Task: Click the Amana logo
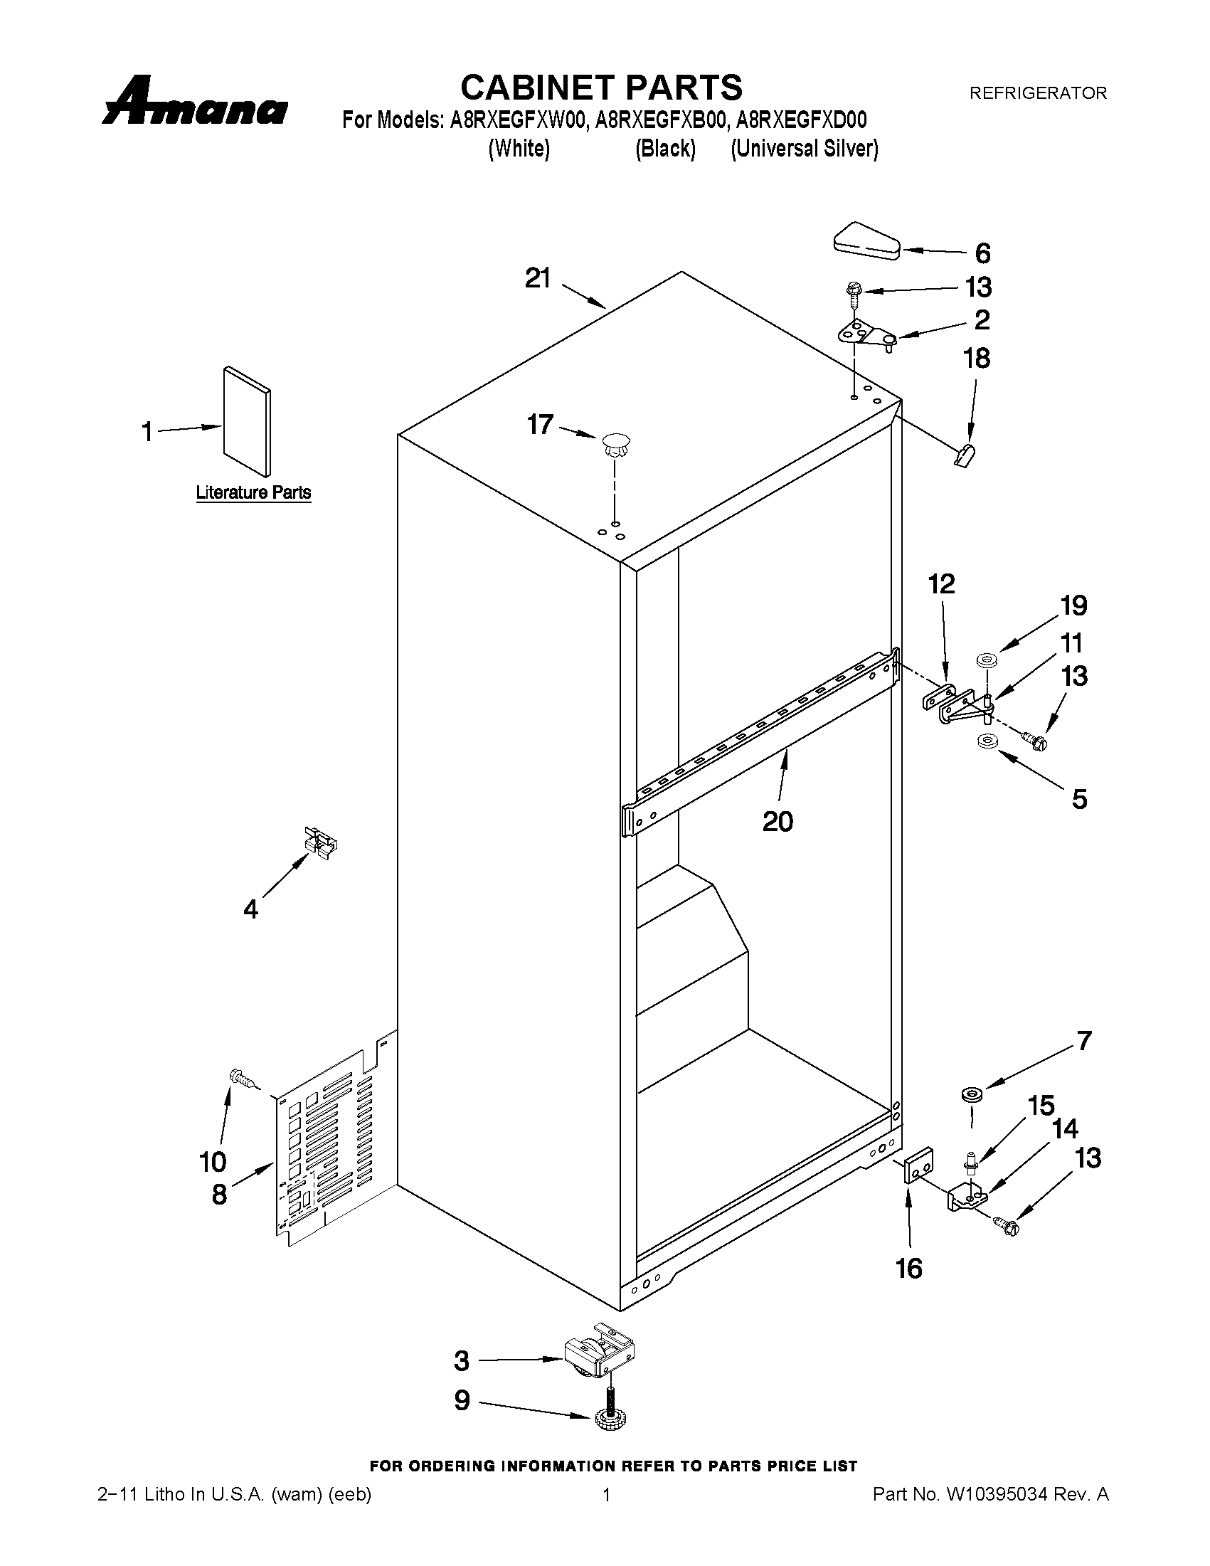(x=195, y=102)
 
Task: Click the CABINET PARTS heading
(x=600, y=88)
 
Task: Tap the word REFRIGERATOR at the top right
(x=1037, y=92)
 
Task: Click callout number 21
(x=538, y=278)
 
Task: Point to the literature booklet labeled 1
(x=248, y=422)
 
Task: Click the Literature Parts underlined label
(x=254, y=492)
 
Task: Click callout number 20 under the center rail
(x=778, y=822)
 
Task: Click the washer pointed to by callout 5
(x=987, y=741)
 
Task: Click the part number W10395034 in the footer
(x=998, y=1495)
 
